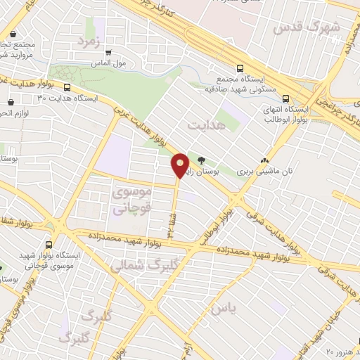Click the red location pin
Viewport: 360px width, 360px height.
point(180,165)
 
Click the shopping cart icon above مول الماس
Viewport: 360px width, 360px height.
point(108,53)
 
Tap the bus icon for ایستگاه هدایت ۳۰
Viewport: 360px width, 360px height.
point(67,88)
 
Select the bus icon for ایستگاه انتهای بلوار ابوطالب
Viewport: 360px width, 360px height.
point(285,99)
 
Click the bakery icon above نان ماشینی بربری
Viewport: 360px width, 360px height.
point(264,160)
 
